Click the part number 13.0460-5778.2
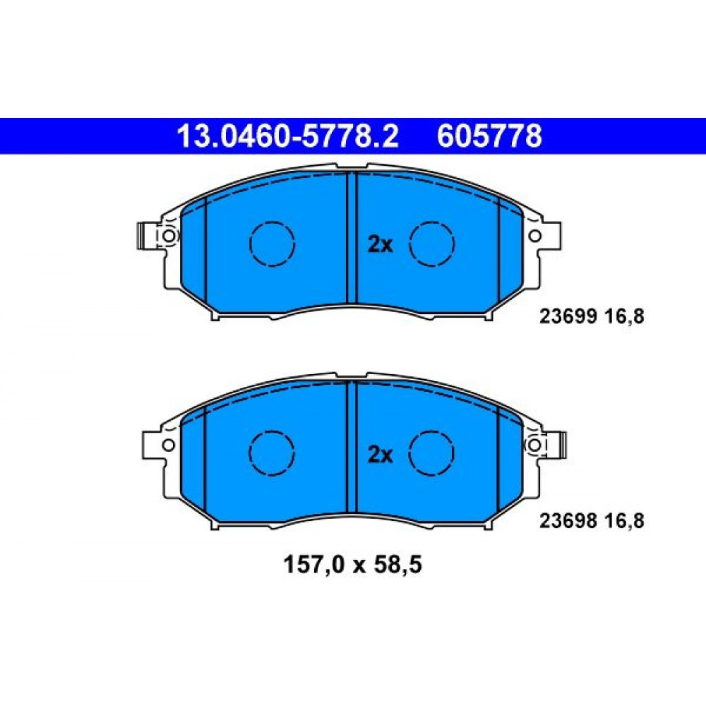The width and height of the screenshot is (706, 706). [x=287, y=136]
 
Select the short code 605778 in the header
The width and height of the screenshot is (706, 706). [x=489, y=136]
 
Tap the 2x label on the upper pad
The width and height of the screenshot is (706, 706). [x=381, y=245]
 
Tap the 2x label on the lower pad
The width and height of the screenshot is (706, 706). [x=381, y=455]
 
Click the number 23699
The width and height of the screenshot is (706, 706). [x=568, y=317]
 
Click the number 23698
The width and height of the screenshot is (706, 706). [x=568, y=522]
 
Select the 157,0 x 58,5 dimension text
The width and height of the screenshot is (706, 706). [x=352, y=565]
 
